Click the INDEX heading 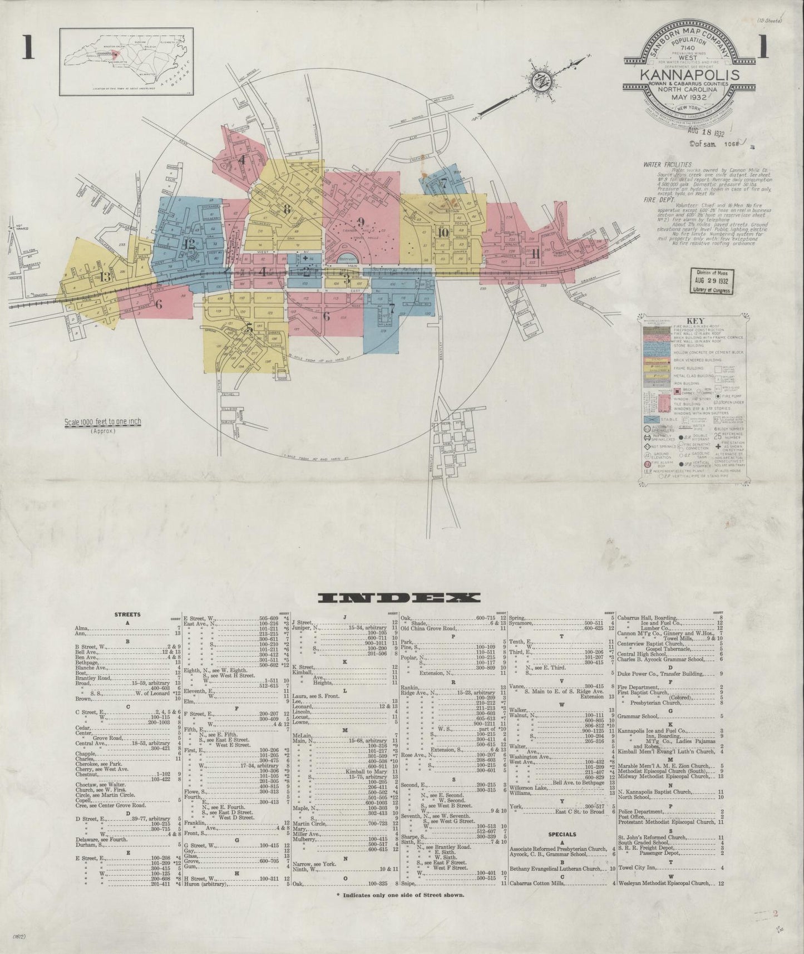pos(398,598)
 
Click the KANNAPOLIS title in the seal pos(689,75)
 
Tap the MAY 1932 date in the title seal pos(689,95)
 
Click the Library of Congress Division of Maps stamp pos(713,281)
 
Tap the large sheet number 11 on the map pos(535,253)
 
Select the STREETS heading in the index pos(127,614)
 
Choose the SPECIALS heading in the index pos(562,834)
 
